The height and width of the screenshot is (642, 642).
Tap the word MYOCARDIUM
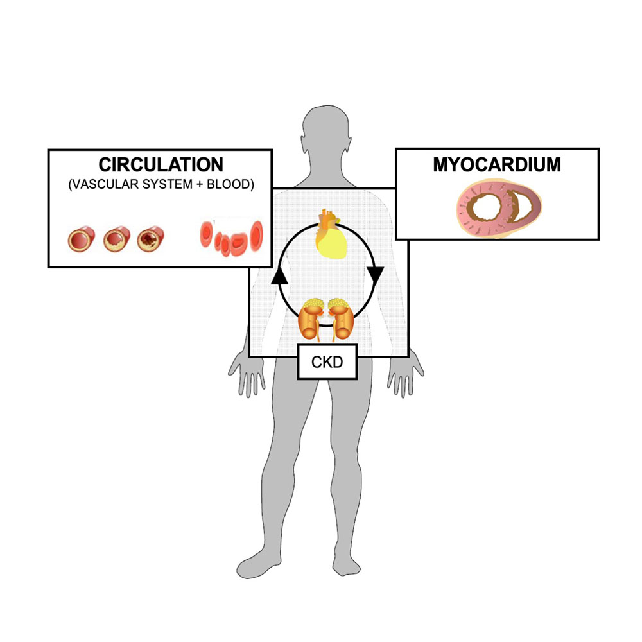(x=496, y=165)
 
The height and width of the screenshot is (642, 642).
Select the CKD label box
(x=327, y=362)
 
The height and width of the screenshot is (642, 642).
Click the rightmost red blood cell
(x=257, y=234)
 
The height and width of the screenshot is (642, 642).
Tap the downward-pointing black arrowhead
(x=376, y=277)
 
